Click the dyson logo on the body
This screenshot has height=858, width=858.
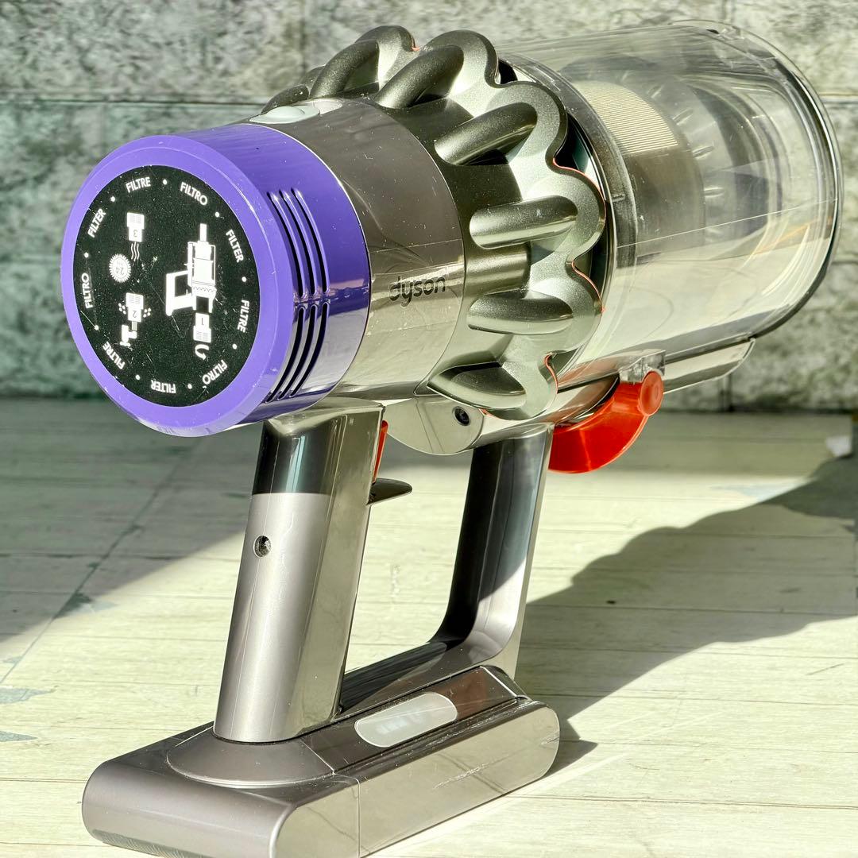coord(417,288)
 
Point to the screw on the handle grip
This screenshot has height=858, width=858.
coord(261,546)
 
